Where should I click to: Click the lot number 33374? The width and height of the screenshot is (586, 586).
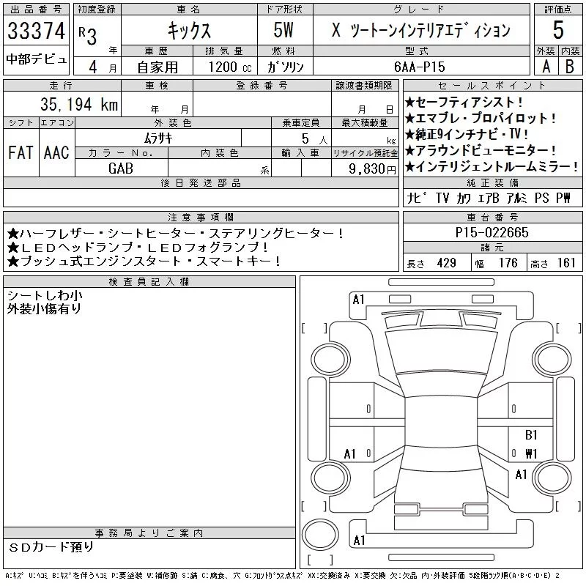pos(36,31)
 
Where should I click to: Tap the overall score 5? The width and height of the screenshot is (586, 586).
pos(558,30)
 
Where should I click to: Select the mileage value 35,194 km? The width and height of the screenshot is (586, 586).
pos(79,104)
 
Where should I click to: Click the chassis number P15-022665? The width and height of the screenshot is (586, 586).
pos(492,232)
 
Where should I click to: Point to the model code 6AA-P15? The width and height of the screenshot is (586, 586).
pos(419,67)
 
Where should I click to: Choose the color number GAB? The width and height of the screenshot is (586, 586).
pos(121,168)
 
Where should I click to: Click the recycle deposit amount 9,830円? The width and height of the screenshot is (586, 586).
pos(372,168)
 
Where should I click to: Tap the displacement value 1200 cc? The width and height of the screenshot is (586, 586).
pos(230,67)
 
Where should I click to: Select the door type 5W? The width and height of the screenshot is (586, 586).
pos(283,30)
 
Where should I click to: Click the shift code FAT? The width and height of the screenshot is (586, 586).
pos(21,152)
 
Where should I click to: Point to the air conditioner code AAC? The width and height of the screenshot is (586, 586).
pos(56,152)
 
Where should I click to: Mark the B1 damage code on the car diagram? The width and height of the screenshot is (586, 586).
pos(531,434)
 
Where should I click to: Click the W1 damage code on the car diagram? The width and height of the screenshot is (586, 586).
pos(531,453)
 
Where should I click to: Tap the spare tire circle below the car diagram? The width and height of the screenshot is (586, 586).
pos(320,535)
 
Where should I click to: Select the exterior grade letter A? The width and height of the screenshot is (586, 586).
pos(546,67)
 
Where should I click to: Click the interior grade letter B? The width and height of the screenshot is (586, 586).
pos(570,67)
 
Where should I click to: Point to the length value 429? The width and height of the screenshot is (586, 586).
pos(446,263)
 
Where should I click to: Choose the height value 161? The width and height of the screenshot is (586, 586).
pos(566,263)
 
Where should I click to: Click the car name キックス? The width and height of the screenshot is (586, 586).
pos(189,30)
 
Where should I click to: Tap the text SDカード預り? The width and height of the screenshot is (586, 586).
pos(51,547)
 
